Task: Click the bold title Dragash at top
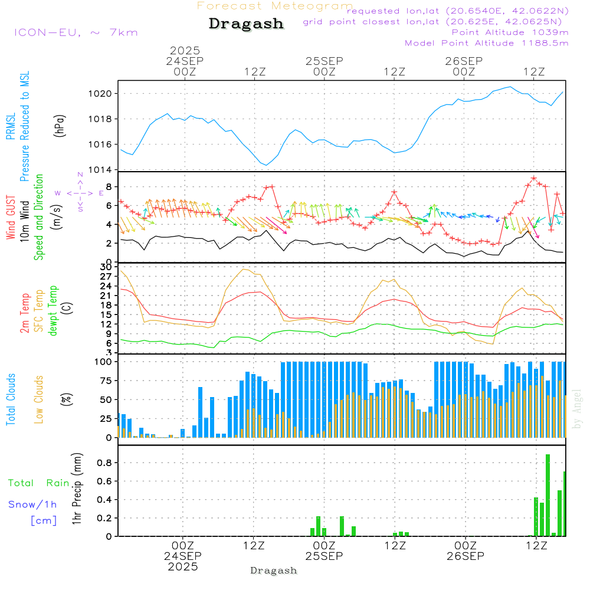tap(246, 24)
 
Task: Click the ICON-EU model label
tap(76, 32)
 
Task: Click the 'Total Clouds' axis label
tap(11, 399)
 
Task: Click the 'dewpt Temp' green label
tap(53, 311)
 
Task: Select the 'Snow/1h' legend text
tap(33, 504)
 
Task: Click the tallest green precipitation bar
tap(548, 495)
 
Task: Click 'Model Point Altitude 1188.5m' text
tap(487, 43)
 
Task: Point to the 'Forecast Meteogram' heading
tap(275, 6)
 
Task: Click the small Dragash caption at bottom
tap(274, 571)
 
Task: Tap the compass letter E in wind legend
tap(101, 193)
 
